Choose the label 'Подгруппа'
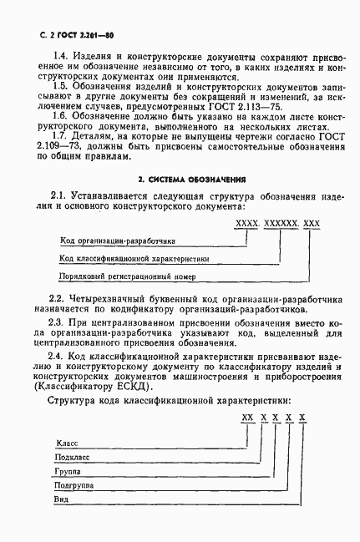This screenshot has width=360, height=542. click(75, 486)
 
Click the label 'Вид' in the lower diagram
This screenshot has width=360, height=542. click(62, 502)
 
